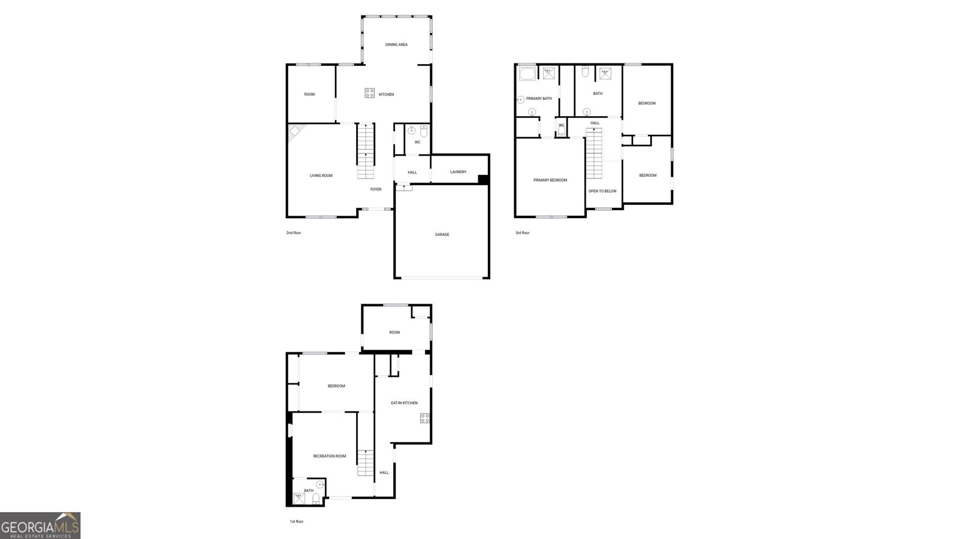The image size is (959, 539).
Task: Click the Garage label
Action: (x=442, y=235)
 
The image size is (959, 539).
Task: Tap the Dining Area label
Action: (x=396, y=45)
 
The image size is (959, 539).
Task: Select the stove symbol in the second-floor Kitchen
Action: (x=370, y=93)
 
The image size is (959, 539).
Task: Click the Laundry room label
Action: (x=458, y=172)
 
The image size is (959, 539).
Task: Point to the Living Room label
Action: (x=321, y=175)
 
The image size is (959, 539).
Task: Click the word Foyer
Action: (x=376, y=189)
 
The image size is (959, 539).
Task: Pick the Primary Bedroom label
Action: (x=550, y=180)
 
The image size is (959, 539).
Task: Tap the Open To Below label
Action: (x=602, y=191)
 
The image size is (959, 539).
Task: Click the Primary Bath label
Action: (x=539, y=99)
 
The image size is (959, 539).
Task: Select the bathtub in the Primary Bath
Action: (x=527, y=74)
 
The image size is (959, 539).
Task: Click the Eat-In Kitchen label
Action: (x=404, y=403)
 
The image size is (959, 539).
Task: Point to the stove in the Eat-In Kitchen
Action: (x=425, y=418)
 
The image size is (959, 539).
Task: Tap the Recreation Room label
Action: (x=329, y=456)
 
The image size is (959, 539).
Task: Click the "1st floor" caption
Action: (x=296, y=522)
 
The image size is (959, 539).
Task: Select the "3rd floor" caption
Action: (x=522, y=233)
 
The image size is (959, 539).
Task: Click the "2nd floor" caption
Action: (x=294, y=233)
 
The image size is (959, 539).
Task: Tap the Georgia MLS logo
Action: (x=40, y=526)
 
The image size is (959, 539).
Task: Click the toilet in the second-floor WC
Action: (x=424, y=131)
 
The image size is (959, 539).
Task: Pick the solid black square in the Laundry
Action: (x=484, y=178)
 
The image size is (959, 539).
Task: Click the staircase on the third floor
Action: (x=593, y=154)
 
